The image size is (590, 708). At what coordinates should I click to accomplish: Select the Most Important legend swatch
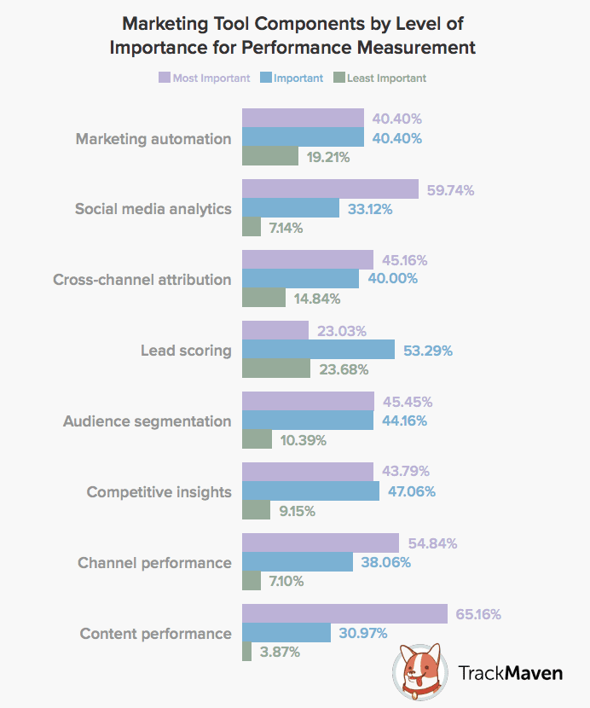pos(165,78)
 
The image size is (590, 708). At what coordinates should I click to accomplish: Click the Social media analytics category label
pos(153,209)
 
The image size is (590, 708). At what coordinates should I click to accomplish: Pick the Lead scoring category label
pos(186,351)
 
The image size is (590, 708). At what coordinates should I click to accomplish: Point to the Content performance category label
pos(155,634)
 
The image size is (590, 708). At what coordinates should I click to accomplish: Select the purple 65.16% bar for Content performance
pos(344,614)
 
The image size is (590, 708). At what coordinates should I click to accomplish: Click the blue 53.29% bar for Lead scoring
pos(318,350)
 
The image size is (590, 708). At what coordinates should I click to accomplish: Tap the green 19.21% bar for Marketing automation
pos(270,157)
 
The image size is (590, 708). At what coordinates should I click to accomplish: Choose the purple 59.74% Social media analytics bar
pos(330,189)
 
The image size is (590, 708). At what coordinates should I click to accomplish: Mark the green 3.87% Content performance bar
pos(247,652)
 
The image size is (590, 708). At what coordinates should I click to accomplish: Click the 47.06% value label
pos(414,491)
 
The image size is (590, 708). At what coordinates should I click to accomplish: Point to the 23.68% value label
pos(343,369)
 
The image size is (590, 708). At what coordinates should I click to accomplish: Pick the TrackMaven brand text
pos(510,673)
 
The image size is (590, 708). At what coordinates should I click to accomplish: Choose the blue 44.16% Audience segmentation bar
pos(308,421)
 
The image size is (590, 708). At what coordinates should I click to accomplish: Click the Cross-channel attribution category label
pos(142,280)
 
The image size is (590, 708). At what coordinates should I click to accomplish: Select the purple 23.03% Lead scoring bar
pos(275,331)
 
